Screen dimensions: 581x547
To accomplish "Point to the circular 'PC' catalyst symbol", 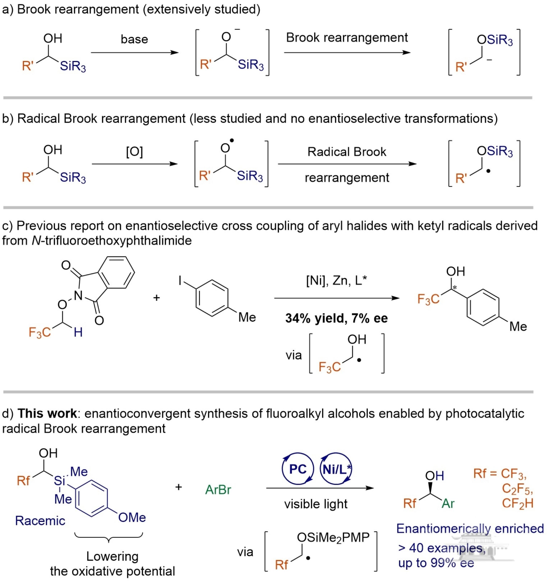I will click(x=298, y=469).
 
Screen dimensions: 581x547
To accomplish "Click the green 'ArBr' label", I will click(x=218, y=490).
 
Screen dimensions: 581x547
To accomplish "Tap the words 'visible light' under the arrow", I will click(x=316, y=504).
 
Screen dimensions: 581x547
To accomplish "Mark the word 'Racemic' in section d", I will click(x=40, y=520).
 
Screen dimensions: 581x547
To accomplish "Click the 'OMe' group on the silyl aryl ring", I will click(x=132, y=517).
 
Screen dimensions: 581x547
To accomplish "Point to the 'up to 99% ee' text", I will click(x=436, y=562).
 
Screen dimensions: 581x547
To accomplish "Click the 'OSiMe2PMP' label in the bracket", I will click(x=333, y=537).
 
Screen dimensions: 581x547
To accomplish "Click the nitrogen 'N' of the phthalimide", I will click(x=78, y=296).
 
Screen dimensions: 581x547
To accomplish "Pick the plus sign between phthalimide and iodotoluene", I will click(x=156, y=298).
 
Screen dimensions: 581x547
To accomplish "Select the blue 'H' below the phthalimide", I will click(x=78, y=332).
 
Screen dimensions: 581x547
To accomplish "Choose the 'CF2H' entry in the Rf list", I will click(x=518, y=503).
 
